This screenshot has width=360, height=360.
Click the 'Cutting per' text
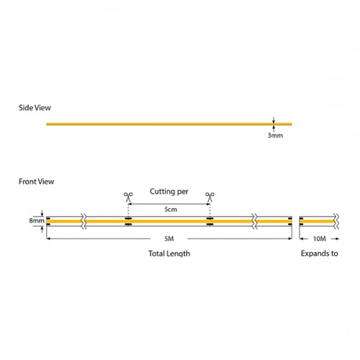pos(168,192)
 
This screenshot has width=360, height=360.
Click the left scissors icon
pos(127,196)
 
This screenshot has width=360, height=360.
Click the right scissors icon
pos(210,196)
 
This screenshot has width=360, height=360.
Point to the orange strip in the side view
pos(158,124)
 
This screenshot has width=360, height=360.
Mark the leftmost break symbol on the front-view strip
pos(84,220)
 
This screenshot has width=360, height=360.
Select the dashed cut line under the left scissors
pos(127,208)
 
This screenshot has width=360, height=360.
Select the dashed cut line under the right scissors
pos(210,208)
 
